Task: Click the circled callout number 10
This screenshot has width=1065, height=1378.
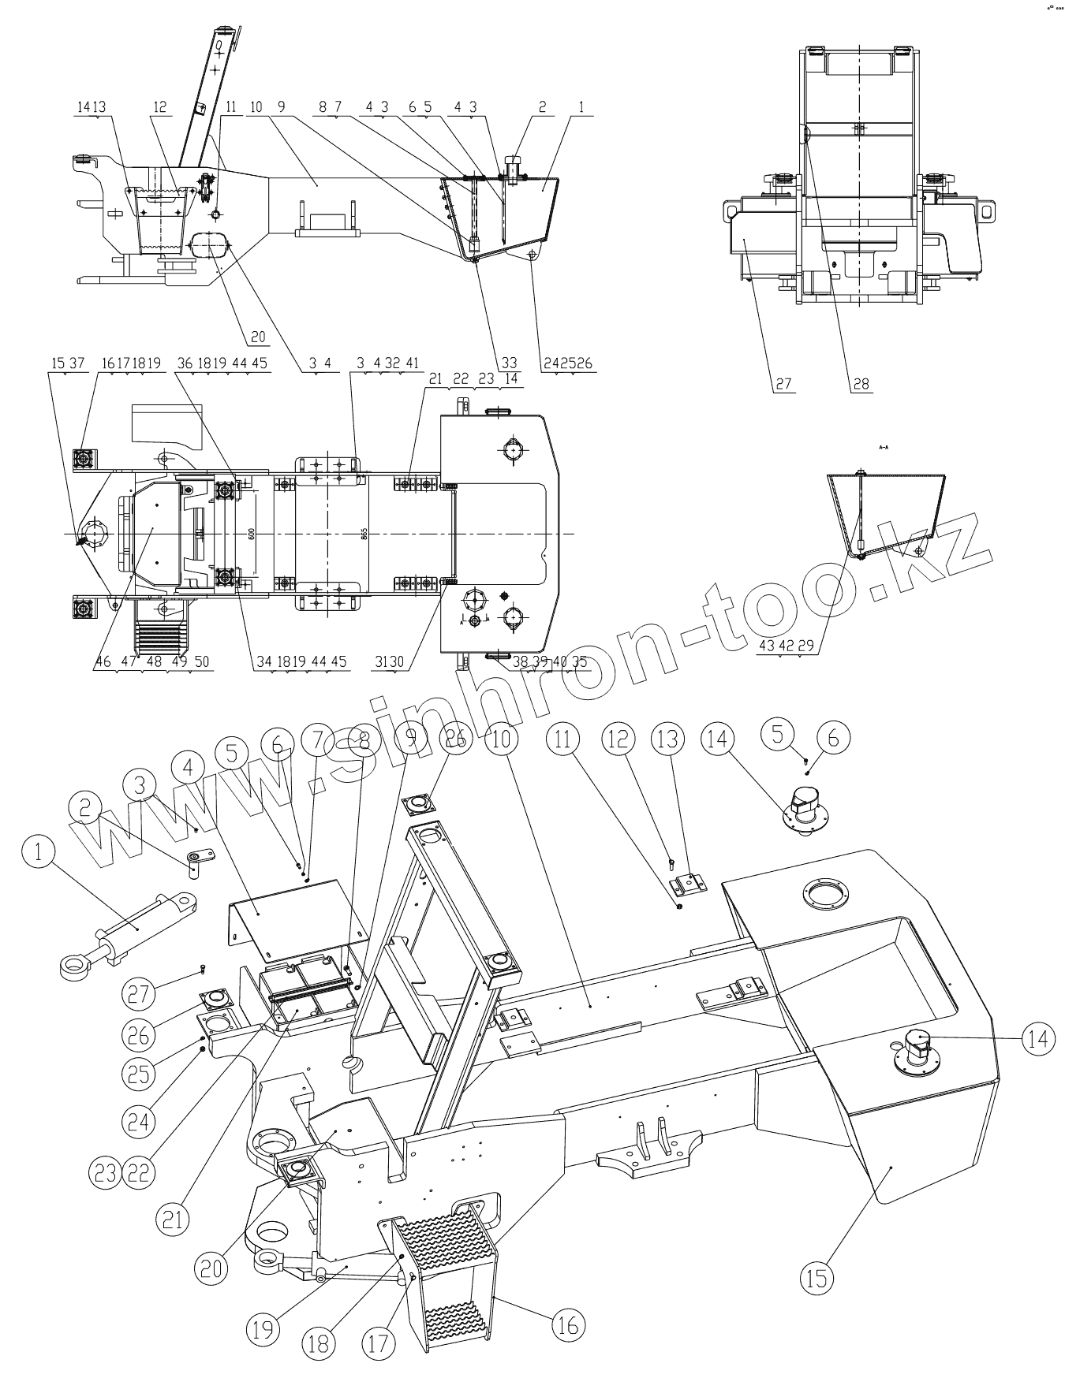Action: pyautogui.click(x=503, y=739)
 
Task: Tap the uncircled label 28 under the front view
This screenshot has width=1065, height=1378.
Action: pyautogui.click(x=861, y=383)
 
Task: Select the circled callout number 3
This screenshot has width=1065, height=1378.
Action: pyautogui.click(x=141, y=784)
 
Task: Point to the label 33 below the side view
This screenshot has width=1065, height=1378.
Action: pyautogui.click(x=509, y=363)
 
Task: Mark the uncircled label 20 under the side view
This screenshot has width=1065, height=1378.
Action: pyautogui.click(x=257, y=337)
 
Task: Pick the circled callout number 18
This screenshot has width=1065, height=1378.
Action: pyautogui.click(x=319, y=1343)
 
